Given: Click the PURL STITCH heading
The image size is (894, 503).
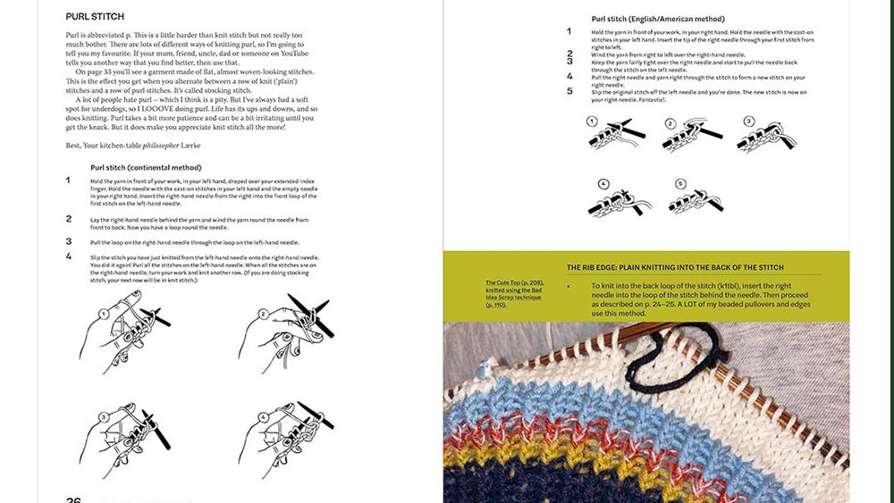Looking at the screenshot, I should tap(95, 17).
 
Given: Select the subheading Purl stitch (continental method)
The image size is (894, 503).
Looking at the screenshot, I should tap(146, 167).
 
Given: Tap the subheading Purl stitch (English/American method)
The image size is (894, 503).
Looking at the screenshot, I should tap(658, 19).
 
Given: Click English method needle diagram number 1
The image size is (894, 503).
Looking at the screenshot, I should tap(616, 133).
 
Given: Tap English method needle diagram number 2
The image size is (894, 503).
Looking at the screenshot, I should tap(692, 133).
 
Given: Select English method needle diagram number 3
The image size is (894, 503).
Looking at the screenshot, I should tap(766, 133).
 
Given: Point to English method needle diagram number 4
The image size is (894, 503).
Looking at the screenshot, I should tap(616, 198).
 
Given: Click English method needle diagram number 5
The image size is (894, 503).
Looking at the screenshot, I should tap(694, 198).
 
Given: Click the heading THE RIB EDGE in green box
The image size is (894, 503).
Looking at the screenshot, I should tap(675, 267).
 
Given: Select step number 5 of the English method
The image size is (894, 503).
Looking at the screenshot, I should tap(569, 90).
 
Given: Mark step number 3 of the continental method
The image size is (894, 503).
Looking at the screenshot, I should tap(69, 241).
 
